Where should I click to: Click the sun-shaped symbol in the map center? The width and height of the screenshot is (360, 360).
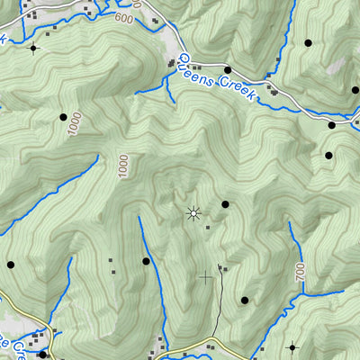tap(192, 213)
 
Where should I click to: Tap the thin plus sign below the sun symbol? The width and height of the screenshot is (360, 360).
tap(205, 276)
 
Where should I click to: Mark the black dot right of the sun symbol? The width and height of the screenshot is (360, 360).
tap(225, 204)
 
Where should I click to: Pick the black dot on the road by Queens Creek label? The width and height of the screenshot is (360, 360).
tap(228, 70)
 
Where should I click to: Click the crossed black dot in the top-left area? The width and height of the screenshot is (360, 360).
tap(34, 47)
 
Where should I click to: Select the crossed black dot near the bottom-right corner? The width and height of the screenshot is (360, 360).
tap(292, 346)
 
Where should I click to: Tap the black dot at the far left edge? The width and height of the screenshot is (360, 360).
tap(11, 265)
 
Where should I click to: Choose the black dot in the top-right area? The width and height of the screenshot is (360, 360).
tap(308, 42)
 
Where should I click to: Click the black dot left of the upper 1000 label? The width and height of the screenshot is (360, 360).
tap(63, 117)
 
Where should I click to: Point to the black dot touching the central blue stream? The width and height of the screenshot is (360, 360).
tap(146, 261)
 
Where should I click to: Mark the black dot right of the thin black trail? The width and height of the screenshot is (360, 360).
tap(244, 300)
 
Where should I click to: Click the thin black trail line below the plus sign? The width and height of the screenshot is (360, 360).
tap(217, 310)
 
